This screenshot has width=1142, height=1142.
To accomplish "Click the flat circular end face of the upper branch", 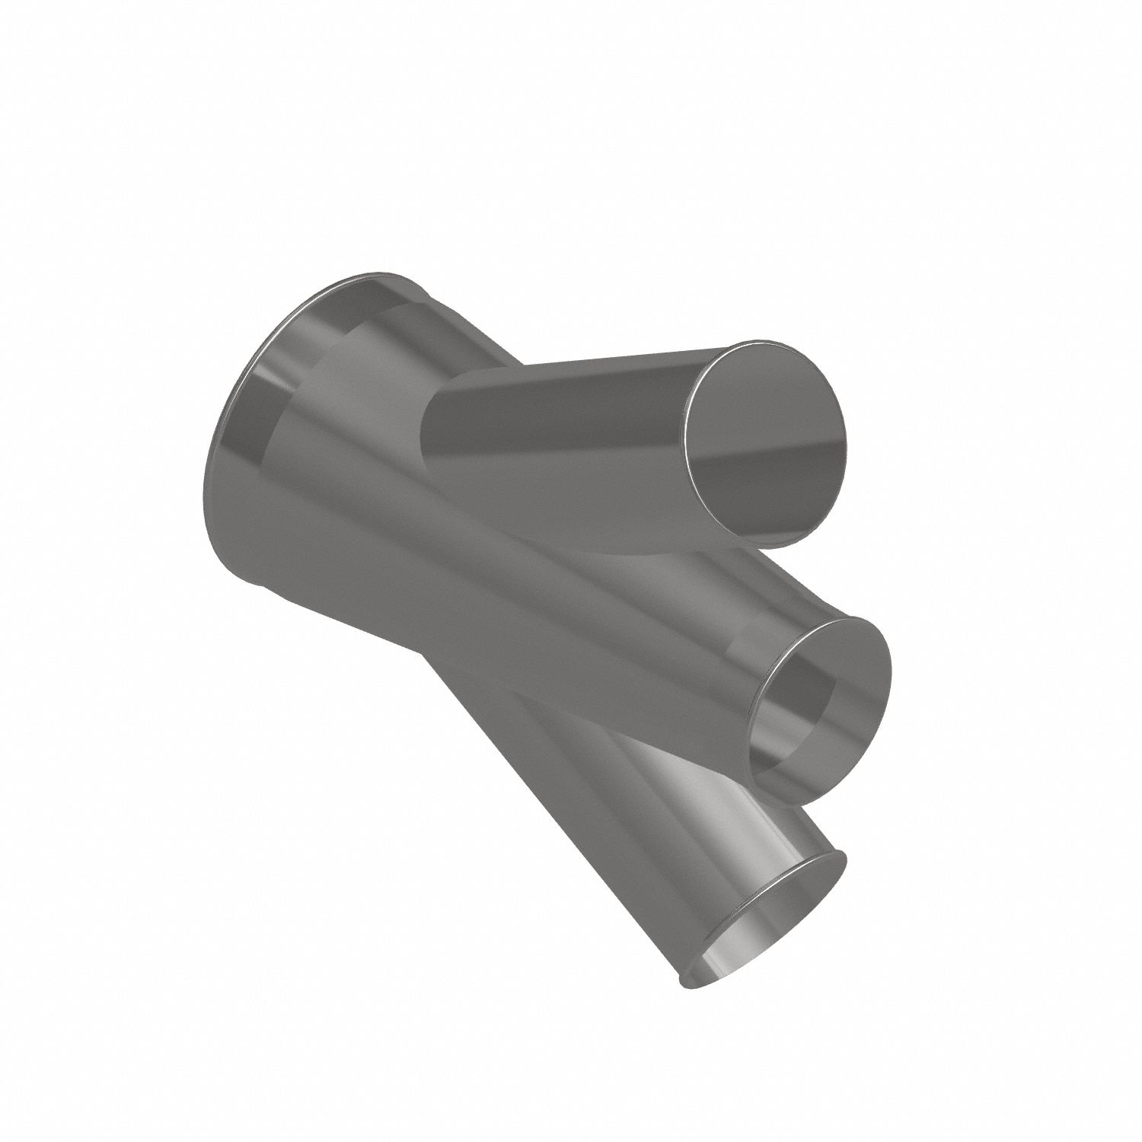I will click(765, 445).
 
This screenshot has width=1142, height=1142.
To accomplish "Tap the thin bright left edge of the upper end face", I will click(686, 442).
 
